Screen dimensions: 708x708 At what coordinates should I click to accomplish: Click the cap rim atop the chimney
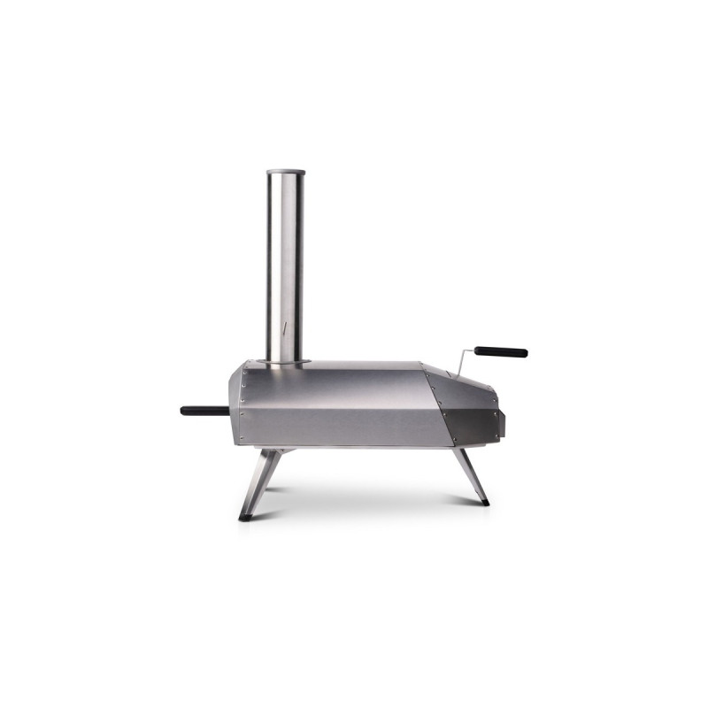pyautogui.click(x=285, y=172)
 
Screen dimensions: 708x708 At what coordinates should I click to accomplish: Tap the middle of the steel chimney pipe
pyautogui.click(x=285, y=265)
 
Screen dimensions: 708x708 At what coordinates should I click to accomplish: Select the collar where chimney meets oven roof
pyautogui.click(x=285, y=361)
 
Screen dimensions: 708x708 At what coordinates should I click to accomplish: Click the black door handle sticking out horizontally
pyautogui.click(x=204, y=411)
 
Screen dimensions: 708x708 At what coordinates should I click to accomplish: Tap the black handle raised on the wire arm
pyautogui.click(x=500, y=351)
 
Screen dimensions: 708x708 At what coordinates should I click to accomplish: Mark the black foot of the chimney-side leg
pyautogui.click(x=245, y=516)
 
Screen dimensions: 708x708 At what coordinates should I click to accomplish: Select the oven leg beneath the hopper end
pyautogui.click(x=470, y=475)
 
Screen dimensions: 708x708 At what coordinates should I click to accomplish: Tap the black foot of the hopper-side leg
pyautogui.click(x=484, y=503)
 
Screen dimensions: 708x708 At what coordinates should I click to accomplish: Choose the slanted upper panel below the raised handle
pyautogui.click(x=465, y=388)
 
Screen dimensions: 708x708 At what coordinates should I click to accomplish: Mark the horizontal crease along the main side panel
pyautogui.click(x=345, y=408)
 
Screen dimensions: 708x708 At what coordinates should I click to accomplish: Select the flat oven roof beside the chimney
pyautogui.click(x=363, y=365)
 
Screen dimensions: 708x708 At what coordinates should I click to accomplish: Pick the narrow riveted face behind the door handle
pyautogui.click(x=235, y=407)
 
